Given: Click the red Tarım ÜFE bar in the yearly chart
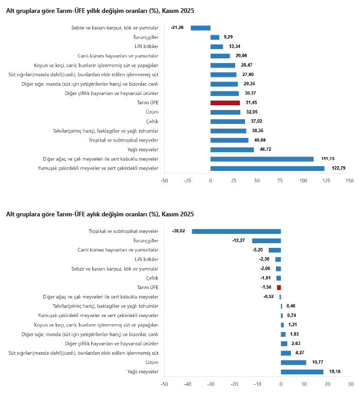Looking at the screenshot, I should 225,103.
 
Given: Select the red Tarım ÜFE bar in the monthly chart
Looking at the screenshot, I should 279,287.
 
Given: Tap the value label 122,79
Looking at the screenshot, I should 337,168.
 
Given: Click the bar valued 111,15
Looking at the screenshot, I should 262,159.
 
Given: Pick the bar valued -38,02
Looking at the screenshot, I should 236,231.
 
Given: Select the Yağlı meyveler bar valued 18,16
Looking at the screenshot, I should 302,372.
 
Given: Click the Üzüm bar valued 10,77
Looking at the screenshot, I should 293,362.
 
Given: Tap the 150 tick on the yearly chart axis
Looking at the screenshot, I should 349,181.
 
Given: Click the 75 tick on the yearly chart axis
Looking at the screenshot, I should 280,181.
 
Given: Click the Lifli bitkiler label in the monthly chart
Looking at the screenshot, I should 146,259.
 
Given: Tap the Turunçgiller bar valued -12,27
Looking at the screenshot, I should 266,241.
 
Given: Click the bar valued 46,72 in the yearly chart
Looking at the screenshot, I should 232,150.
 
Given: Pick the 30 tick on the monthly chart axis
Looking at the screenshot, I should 351,384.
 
